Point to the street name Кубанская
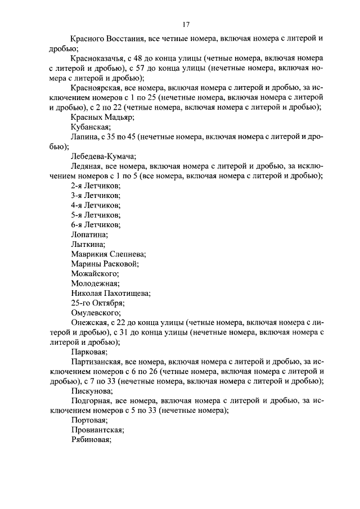(x=90, y=127)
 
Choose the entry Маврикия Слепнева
(x=109, y=254)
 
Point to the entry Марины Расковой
(x=105, y=264)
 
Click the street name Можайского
(x=95, y=273)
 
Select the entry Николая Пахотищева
(x=111, y=293)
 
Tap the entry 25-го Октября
(x=98, y=303)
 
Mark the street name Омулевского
(x=96, y=313)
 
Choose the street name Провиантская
(x=97, y=430)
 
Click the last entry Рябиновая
(x=92, y=440)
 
